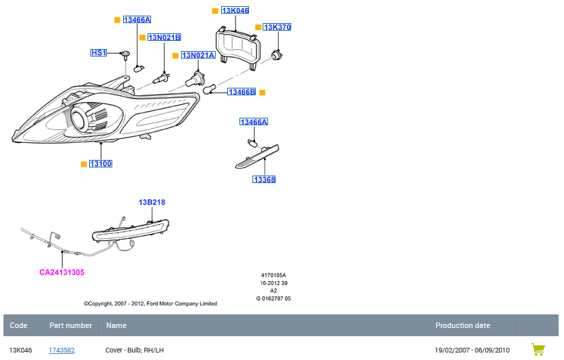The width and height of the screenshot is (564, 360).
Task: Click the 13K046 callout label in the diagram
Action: click(x=235, y=11)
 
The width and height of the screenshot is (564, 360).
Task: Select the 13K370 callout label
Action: click(x=277, y=27)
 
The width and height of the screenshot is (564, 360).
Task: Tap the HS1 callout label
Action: click(x=99, y=52)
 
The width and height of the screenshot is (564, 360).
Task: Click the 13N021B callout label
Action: click(x=164, y=37)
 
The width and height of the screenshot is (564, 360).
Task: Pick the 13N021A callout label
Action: click(x=197, y=55)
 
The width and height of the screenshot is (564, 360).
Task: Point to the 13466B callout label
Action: click(x=241, y=92)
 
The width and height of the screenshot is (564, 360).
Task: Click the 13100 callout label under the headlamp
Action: click(x=100, y=164)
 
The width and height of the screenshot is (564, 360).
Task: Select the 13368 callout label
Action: click(x=264, y=180)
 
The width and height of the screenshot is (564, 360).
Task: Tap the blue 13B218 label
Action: click(x=152, y=202)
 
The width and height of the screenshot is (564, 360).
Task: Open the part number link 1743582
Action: click(x=62, y=350)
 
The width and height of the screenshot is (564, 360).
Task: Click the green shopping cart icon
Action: click(x=538, y=349)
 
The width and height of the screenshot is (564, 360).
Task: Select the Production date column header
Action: click(x=463, y=325)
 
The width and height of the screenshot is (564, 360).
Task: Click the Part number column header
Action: click(x=71, y=325)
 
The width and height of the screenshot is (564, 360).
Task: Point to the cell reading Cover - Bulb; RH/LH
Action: click(x=135, y=350)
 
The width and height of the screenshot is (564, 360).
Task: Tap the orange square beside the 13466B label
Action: click(x=262, y=92)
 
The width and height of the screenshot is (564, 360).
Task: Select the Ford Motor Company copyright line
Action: click(x=150, y=304)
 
